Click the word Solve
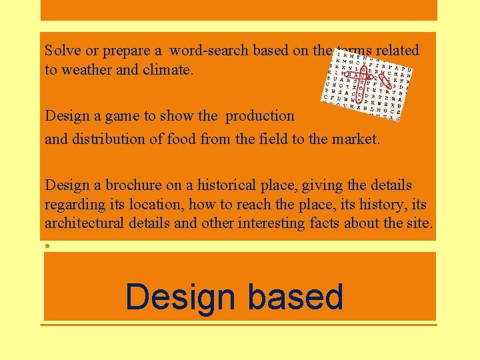(x=61, y=51)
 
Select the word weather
(x=86, y=69)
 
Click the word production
(x=259, y=116)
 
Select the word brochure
(x=131, y=185)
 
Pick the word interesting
(x=270, y=223)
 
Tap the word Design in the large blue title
(x=180, y=297)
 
